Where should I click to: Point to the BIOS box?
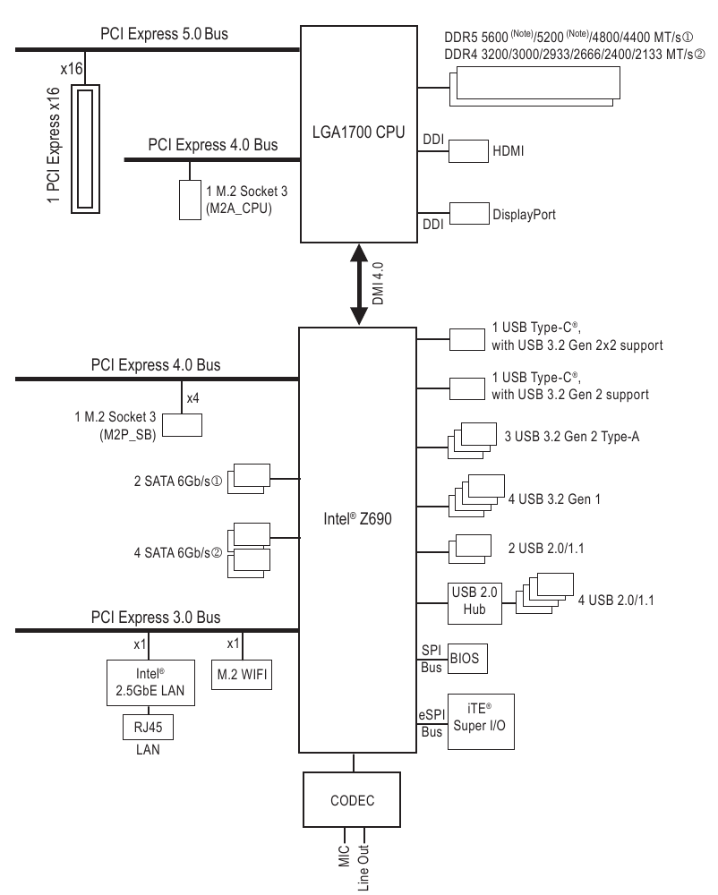465,659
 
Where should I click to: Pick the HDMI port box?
466,150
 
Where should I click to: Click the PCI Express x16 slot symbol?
87,149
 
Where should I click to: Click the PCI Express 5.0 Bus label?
165,36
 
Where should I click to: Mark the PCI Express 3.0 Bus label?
155,618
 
